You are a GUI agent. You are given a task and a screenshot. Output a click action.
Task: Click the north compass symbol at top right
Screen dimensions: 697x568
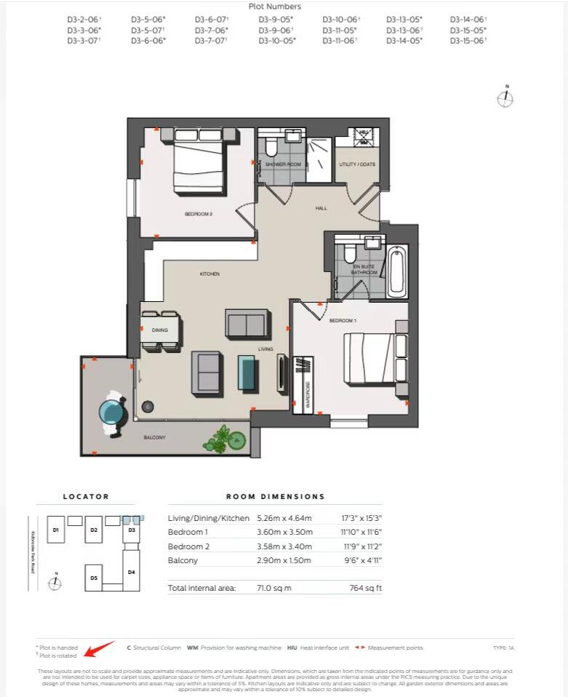coord(505,97)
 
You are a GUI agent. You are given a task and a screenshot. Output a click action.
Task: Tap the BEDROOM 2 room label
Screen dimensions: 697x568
coord(198,214)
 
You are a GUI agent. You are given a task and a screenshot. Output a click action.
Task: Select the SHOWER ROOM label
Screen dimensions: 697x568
coord(283,164)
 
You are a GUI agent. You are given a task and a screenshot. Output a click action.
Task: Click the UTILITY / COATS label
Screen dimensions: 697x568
coord(357,164)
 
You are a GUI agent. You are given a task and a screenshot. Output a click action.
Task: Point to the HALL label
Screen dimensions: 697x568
coord(321,208)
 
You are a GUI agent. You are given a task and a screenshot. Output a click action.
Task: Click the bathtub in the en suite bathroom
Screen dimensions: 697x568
coord(398,271)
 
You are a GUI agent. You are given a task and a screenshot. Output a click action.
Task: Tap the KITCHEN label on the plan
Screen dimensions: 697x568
coord(209,274)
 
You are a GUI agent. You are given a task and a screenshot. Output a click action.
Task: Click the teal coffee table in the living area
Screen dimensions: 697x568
coord(247,371)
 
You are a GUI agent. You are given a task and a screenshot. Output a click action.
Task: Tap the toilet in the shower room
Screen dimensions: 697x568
coord(271,148)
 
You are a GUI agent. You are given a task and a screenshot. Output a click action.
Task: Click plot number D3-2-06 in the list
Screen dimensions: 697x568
coord(84,19)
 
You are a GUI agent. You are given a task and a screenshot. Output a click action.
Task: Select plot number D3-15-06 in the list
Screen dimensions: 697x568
coord(468,41)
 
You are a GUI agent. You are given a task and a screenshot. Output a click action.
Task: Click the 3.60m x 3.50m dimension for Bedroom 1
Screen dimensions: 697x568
coord(284,532)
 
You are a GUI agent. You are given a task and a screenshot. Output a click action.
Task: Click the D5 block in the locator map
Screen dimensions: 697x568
coord(94,577)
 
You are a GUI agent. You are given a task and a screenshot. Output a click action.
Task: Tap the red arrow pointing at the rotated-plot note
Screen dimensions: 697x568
coord(97,648)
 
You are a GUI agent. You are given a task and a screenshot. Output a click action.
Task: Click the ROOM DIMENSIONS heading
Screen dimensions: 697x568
coord(275,496)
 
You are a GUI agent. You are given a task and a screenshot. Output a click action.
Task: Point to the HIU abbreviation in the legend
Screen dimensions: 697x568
coord(292,648)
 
